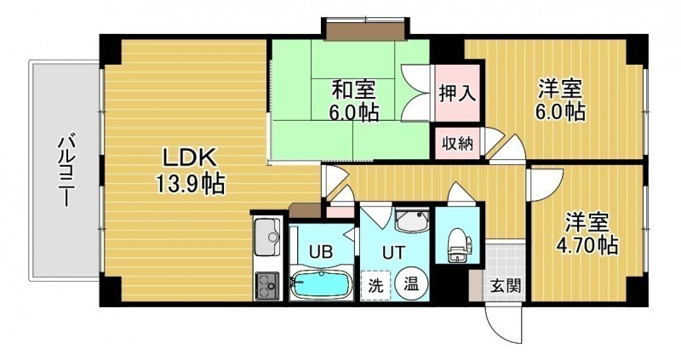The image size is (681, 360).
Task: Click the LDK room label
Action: [x=189, y=158]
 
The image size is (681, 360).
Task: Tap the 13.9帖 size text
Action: [x=190, y=184]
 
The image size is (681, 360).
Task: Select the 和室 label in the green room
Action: [x=353, y=90]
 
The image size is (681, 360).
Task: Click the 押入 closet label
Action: [x=457, y=93]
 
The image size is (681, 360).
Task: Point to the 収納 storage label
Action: [x=457, y=143]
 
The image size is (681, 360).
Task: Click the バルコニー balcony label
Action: [x=66, y=171]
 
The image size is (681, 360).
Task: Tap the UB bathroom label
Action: [x=321, y=251]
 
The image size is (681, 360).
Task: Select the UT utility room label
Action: [x=393, y=252]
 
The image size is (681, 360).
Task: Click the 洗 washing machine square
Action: [x=375, y=285]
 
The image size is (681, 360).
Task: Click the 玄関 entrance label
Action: [x=506, y=285]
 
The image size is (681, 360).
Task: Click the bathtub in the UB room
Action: [x=321, y=284]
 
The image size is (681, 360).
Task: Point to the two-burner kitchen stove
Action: [x=266, y=286]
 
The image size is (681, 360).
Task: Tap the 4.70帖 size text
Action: [x=587, y=246]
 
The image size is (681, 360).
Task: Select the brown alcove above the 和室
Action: [x=365, y=31]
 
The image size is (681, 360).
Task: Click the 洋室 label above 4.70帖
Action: [x=587, y=223]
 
